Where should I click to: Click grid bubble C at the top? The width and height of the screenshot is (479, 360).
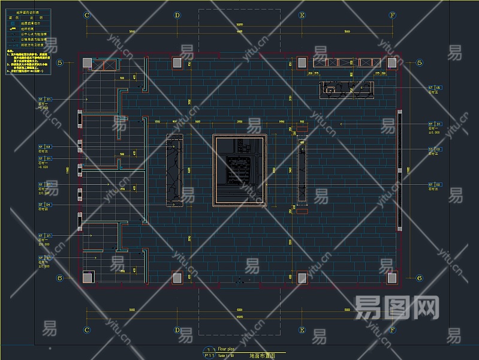[87, 15]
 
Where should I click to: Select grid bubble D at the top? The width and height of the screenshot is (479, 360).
[177, 15]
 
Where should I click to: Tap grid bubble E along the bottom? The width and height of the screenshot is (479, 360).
[302, 330]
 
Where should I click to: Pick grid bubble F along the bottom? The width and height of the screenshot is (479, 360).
[392, 330]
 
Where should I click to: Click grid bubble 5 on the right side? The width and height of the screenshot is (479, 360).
[419, 62]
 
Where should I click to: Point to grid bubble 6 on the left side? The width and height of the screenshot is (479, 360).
[59, 278]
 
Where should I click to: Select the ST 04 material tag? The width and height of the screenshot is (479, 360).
[45, 205]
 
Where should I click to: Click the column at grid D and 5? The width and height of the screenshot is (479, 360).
[177, 62]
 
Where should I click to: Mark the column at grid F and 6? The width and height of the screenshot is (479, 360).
[391, 277]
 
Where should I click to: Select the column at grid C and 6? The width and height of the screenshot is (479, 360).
[88, 277]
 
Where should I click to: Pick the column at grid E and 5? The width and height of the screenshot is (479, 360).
[302, 62]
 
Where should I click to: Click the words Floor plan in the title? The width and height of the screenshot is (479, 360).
[227, 349]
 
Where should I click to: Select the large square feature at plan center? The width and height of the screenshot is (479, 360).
[239, 170]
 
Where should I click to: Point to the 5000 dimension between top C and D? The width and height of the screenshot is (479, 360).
[132, 31]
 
